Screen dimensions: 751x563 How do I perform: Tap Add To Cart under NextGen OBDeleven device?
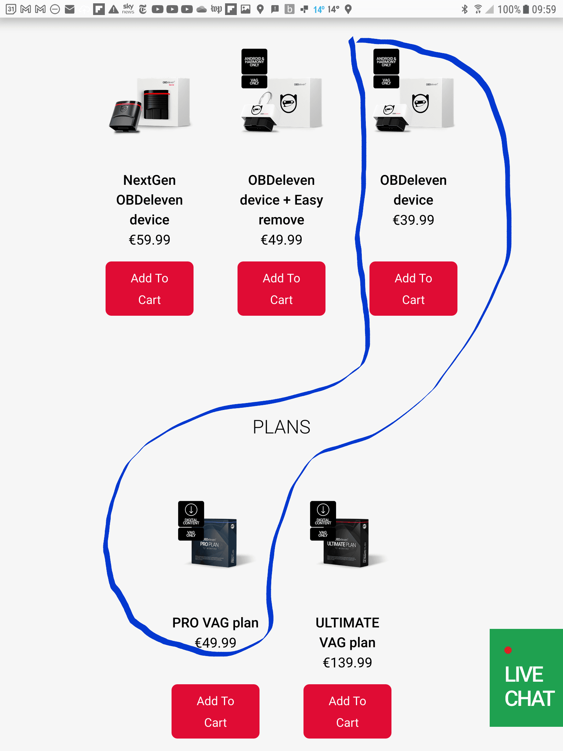tap(149, 289)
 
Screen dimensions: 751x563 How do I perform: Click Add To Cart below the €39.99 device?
tap(413, 289)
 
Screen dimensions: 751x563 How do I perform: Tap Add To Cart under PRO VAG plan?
tap(215, 711)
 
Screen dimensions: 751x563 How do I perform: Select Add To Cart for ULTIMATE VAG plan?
tap(347, 711)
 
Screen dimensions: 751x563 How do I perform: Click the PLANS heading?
tap(281, 427)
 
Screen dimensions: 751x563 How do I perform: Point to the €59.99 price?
tap(150, 240)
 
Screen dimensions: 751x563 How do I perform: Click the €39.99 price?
tap(413, 220)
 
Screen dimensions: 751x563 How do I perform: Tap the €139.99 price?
tap(347, 663)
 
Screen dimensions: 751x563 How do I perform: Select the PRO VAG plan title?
tap(216, 623)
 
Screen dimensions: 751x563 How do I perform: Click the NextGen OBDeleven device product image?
tap(150, 105)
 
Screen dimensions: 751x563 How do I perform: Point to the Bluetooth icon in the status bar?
tap(465, 9)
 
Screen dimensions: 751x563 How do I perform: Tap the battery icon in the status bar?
tap(526, 9)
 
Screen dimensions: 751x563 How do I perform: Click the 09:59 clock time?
tap(544, 9)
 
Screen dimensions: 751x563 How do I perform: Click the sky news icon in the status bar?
tap(128, 9)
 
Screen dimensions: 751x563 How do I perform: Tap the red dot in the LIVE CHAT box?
tap(508, 650)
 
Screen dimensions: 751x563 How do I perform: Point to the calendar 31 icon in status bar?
tap(11, 9)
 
